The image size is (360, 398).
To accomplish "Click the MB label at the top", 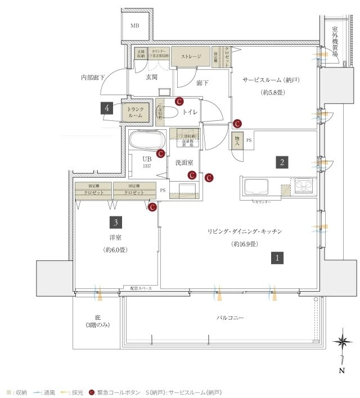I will [136, 26].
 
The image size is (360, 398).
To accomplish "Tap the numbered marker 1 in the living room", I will [278, 258].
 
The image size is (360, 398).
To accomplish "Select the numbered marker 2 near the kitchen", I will [282, 162].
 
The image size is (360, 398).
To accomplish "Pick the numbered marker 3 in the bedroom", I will [115, 221].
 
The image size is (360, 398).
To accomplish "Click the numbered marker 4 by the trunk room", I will [106, 108].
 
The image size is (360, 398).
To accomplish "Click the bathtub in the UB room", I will [146, 139].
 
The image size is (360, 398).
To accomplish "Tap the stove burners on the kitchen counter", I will [304, 185].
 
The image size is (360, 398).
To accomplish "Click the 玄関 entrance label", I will [151, 78].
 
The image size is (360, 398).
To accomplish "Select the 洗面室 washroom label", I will [184, 162].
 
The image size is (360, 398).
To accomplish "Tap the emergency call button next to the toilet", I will [179, 102].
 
